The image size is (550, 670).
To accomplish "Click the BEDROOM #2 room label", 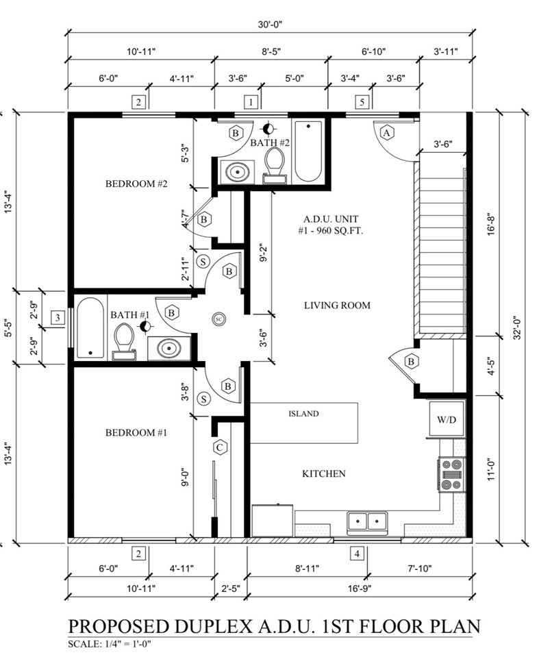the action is (x=136, y=184).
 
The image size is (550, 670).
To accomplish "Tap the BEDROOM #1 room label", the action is (x=136, y=433).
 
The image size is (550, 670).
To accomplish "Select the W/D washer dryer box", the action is (x=447, y=419).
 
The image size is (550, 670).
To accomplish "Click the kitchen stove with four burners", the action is (x=451, y=474).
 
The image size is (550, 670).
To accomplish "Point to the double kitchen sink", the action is (x=367, y=522).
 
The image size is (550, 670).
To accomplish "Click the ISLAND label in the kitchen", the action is (x=303, y=414).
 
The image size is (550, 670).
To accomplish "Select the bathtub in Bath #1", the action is (x=90, y=327).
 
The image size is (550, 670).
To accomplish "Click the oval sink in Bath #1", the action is (x=169, y=348).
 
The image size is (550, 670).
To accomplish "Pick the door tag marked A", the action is (x=387, y=133).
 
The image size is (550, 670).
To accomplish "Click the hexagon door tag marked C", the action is (x=220, y=447).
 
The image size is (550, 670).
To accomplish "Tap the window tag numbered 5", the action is (x=362, y=102).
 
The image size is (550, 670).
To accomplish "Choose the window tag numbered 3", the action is (x=58, y=317).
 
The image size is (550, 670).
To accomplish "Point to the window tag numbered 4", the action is (x=357, y=554).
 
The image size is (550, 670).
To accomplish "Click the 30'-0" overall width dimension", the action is (x=270, y=25).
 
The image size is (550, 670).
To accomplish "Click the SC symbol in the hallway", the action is (x=218, y=319).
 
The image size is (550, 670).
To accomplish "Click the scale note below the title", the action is (x=110, y=644).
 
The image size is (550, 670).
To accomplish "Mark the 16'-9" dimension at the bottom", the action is (x=360, y=588).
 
